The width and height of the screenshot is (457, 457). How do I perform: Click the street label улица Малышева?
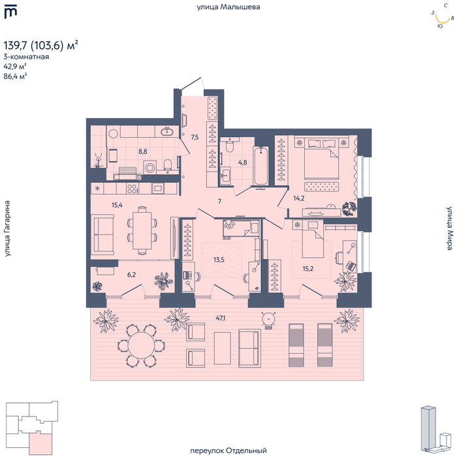[228, 7]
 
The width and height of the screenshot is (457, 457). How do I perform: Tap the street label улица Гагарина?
[7, 228]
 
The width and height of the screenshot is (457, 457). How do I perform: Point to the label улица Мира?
[449, 228]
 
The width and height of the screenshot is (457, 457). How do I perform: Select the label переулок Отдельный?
[228, 450]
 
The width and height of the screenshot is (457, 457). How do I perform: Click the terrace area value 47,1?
[221, 318]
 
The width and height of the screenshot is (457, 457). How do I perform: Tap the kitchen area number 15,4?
[117, 205]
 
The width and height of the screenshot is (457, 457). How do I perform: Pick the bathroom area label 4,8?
[242, 162]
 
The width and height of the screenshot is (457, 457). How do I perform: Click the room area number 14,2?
[299, 198]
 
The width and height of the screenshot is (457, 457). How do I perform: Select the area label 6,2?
[131, 275]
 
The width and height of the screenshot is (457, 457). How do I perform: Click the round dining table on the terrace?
[142, 345]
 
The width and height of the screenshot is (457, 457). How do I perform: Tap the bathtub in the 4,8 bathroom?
[260, 166]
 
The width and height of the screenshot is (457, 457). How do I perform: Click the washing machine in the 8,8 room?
[150, 168]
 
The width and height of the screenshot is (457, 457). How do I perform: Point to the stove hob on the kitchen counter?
[132, 189]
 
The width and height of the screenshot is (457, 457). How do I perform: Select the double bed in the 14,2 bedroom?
[321, 159]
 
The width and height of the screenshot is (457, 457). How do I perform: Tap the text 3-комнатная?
[26, 57]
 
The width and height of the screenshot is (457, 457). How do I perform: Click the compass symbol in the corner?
[443, 16]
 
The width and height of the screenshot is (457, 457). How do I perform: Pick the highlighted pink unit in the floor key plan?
[40, 443]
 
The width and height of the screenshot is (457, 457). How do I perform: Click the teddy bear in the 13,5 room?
[229, 225]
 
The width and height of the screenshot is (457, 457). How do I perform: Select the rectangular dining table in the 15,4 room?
[142, 230]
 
